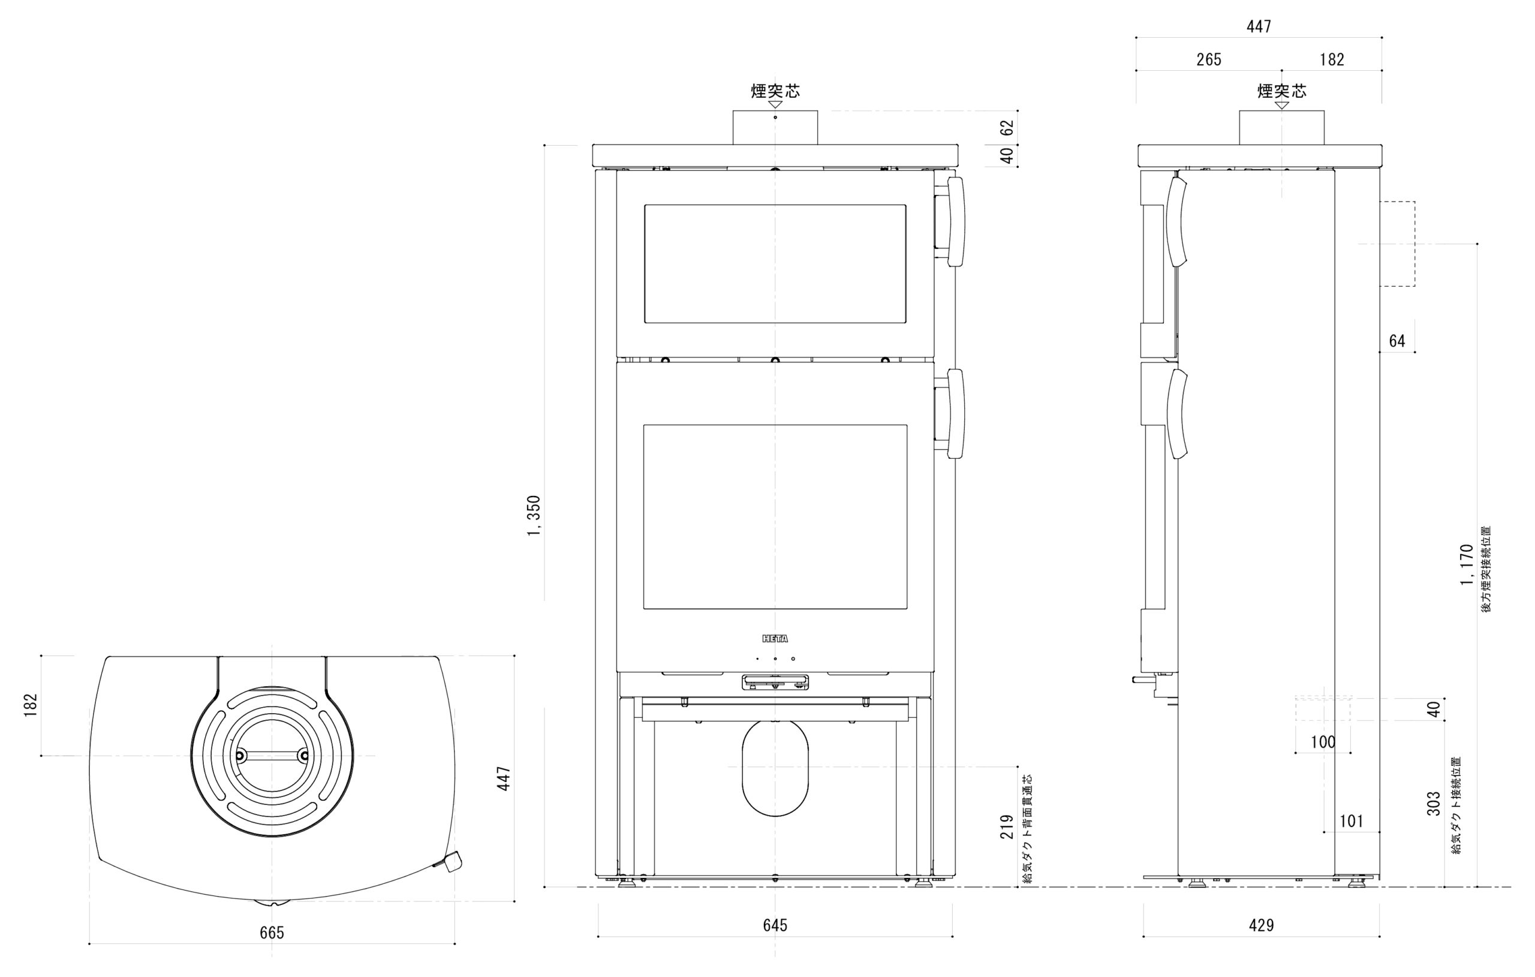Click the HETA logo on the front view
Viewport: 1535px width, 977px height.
[775, 638]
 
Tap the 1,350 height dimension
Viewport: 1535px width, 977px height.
[534, 516]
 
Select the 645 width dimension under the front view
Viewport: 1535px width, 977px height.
[775, 925]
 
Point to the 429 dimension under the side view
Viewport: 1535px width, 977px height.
[1261, 925]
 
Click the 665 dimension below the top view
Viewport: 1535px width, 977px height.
[272, 933]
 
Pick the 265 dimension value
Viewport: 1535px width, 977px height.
[1209, 60]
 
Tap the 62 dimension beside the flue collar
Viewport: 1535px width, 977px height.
[1007, 128]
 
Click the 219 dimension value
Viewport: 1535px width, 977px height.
[1007, 826]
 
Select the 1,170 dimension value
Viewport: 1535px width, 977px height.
[1467, 564]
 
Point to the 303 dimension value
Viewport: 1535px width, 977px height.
[1434, 804]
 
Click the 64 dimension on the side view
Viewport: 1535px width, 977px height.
[1396, 341]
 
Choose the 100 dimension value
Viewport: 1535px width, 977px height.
[1323, 742]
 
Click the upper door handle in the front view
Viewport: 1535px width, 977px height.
[956, 221]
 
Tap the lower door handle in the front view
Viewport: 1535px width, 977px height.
[956, 413]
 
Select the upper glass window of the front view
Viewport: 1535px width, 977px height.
[775, 264]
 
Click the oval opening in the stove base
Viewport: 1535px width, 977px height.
[775, 768]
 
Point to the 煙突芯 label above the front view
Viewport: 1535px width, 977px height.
[775, 91]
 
